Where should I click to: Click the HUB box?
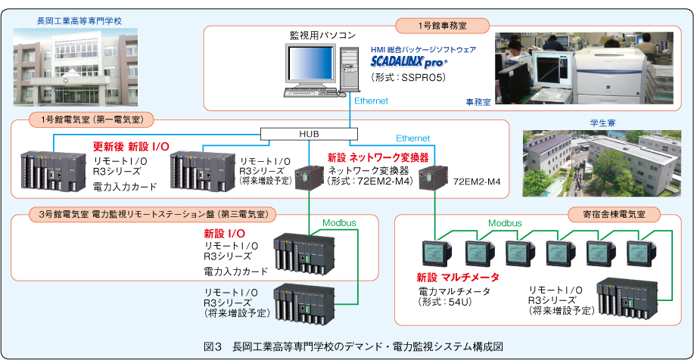pyautogui.click(x=303, y=134)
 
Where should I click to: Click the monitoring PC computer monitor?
pyautogui.click(x=312, y=64)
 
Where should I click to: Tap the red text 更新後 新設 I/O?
pyautogui.click(x=129, y=146)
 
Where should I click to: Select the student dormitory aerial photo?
pyautogui.click(x=602, y=163)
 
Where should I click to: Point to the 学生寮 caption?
pyautogui.click(x=602, y=121)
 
